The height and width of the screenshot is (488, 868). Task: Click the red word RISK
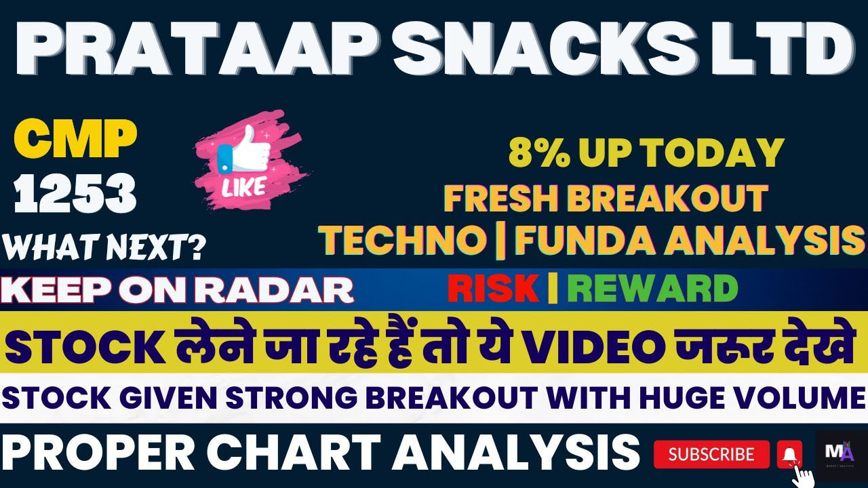(x=493, y=289)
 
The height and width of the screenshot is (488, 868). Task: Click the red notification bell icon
(x=789, y=453)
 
